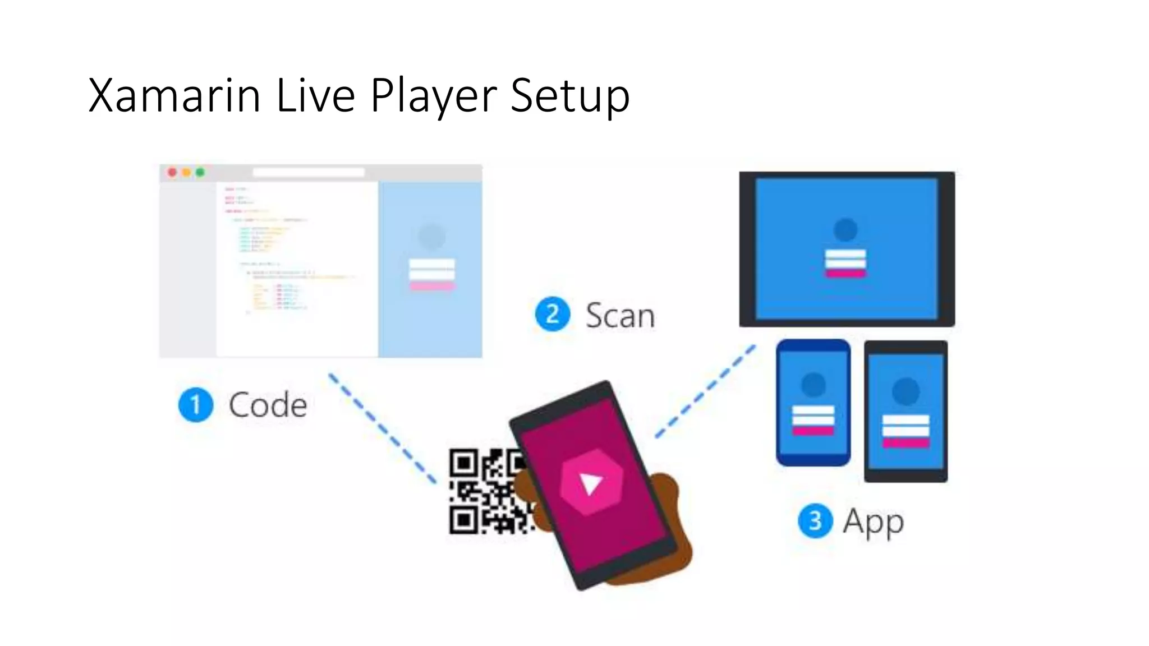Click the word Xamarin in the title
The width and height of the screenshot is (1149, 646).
coord(174,95)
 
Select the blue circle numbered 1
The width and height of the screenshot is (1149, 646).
coord(196,405)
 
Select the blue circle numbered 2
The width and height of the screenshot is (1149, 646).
coord(553,314)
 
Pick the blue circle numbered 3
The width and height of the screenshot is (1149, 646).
coord(815,521)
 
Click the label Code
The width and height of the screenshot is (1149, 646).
coord(268,405)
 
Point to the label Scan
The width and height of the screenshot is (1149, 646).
coord(620,316)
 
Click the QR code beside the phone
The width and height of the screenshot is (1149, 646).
coord(482,491)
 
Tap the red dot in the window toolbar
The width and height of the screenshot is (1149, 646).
coord(173,172)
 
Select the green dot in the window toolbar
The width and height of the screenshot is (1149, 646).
coord(200,172)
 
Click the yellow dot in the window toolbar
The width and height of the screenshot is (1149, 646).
coord(186,172)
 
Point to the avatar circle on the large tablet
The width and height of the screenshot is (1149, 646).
coord(845,229)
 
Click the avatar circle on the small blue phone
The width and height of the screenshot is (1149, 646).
coord(813,385)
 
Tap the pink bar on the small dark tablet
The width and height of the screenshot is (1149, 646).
coord(906,443)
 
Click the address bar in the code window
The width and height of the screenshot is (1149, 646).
coord(308,172)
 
